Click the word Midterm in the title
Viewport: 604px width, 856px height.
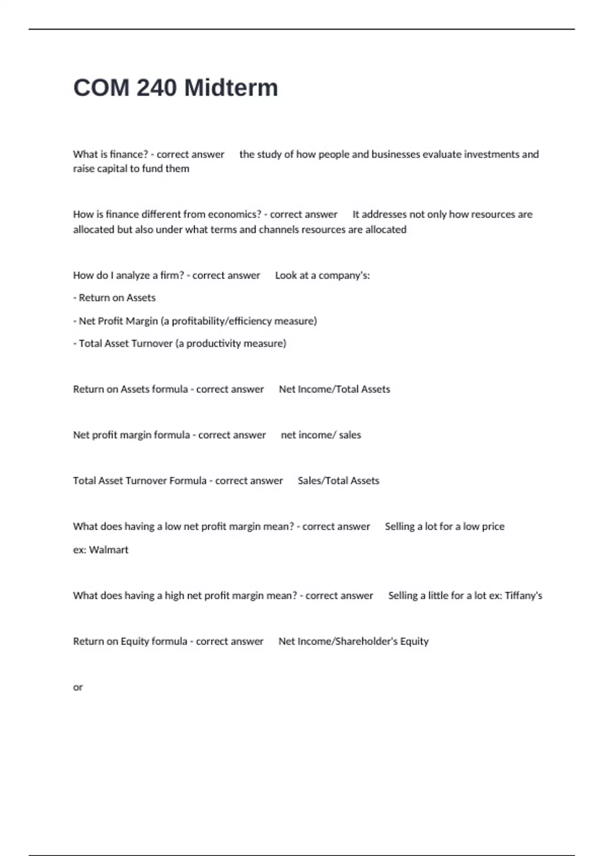[231, 88]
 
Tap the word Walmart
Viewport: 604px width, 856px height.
[109, 550]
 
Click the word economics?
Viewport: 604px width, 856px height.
[235, 215]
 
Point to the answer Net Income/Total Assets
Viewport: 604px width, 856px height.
[334, 389]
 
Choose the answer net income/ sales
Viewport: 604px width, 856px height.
[321, 435]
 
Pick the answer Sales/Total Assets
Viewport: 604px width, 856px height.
[338, 481]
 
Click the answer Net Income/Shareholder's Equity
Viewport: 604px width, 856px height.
[353, 641]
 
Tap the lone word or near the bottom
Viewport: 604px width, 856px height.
[78, 687]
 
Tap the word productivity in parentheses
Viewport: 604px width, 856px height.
[214, 344]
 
